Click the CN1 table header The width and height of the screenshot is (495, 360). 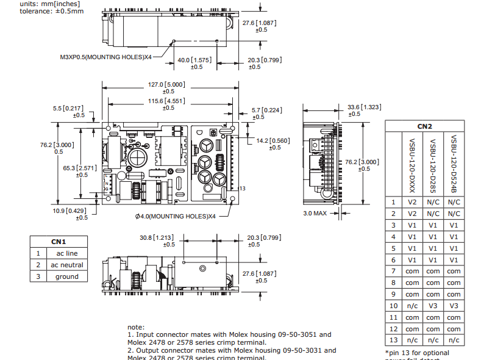pyautogui.click(x=59, y=242)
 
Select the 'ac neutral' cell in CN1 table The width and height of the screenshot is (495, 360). pyautogui.click(x=67, y=265)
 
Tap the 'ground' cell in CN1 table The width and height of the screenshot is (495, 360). pyautogui.click(x=67, y=276)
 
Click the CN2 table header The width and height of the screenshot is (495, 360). pyautogui.click(x=424, y=126)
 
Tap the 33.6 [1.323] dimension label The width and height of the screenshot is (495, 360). pyautogui.click(x=364, y=107)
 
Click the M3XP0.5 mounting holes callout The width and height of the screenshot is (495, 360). pyautogui.click(x=105, y=57)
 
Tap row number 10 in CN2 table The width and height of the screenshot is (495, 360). pyautogui.click(x=394, y=306)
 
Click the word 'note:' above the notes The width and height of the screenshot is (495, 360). pyautogui.click(x=136, y=326)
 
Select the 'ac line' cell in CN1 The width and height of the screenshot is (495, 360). pyautogui.click(x=67, y=253)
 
